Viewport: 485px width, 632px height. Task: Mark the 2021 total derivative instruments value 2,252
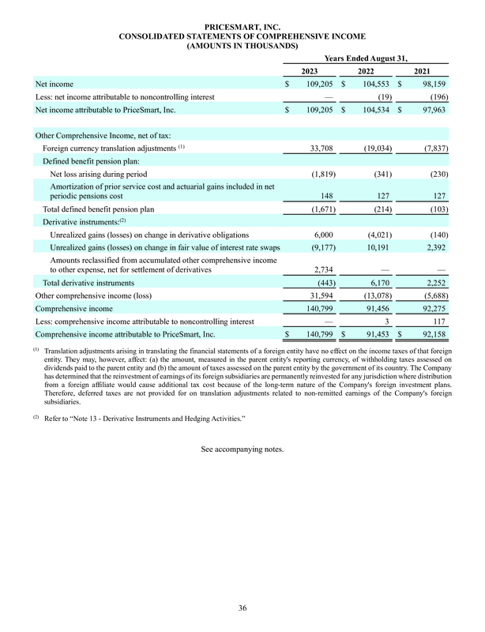tap(434, 282)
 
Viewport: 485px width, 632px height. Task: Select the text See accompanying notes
tap(242, 450)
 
